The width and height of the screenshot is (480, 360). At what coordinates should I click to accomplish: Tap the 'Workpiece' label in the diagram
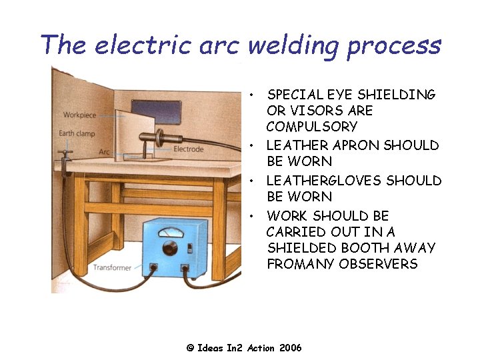(79, 115)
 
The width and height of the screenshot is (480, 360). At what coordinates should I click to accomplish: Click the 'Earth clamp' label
(76, 133)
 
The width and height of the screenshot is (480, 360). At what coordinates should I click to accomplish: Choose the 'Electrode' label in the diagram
(189, 149)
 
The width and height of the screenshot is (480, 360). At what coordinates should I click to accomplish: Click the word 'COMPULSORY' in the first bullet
(312, 127)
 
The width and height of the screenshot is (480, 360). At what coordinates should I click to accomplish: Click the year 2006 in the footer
(291, 348)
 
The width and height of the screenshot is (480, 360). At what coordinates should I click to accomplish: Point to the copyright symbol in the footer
(190, 348)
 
